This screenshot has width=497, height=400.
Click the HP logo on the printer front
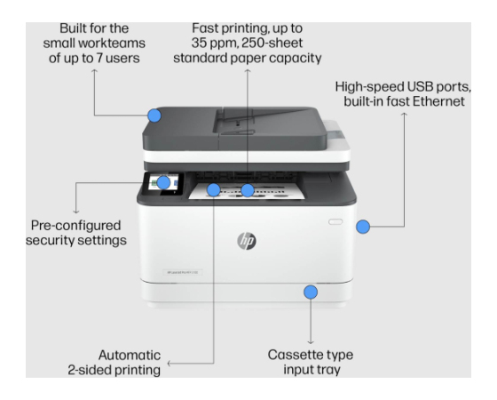247,241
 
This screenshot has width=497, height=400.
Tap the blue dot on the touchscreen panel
163,182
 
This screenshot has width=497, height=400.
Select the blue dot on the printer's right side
363,227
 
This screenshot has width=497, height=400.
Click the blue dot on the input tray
311,292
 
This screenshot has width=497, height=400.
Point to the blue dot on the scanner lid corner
154,116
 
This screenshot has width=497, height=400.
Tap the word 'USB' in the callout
421,87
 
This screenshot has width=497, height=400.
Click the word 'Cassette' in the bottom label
292,355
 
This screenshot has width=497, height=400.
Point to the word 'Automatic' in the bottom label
130,356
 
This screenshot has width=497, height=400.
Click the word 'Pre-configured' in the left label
75,226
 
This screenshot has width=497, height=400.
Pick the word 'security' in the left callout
50,240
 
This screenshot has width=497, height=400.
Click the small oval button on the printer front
335,221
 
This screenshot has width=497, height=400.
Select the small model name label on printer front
183,272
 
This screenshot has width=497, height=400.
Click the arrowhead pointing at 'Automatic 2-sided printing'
170,364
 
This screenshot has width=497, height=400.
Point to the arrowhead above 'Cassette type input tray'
311,342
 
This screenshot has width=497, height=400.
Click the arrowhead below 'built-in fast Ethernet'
404,115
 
